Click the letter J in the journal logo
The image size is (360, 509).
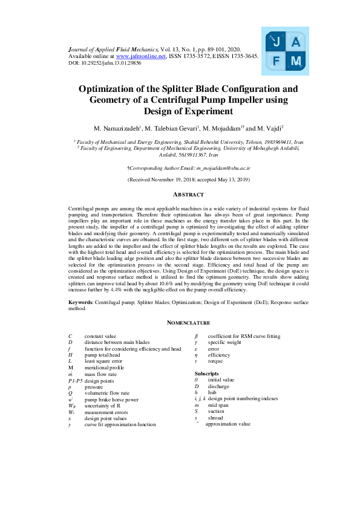pos(277,42)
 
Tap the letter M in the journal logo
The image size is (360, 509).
pos(296,62)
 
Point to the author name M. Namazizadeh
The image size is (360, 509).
pos(117,128)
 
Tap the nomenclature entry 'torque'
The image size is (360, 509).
pos(215,361)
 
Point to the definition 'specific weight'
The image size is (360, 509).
pos(224,342)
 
